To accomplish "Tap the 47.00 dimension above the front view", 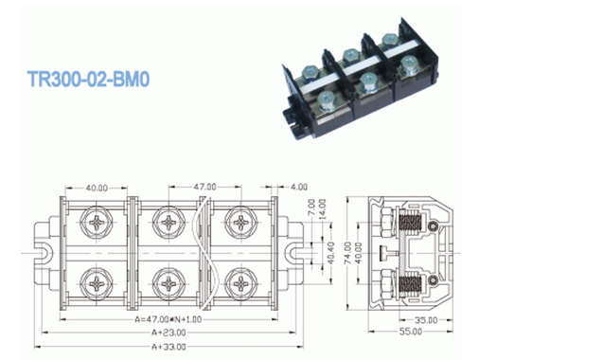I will (205, 187).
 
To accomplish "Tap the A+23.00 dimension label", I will (169, 333).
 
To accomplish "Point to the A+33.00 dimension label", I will (169, 347).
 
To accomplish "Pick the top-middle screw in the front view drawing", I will (169, 225).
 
